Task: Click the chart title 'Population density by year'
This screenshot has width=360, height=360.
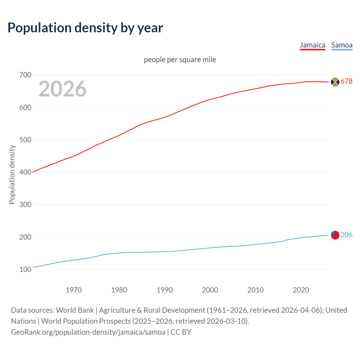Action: (85, 28)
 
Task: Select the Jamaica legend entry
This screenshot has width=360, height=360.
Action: (312, 45)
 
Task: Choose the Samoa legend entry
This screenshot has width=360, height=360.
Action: (342, 45)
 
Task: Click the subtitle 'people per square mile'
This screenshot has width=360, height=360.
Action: (180, 60)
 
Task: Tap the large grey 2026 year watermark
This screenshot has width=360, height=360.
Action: (62, 89)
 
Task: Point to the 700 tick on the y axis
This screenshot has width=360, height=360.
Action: (25, 75)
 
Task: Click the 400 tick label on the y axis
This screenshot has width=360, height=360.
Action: (25, 172)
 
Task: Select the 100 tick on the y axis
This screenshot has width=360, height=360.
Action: (25, 269)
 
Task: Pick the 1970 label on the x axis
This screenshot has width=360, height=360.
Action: (74, 290)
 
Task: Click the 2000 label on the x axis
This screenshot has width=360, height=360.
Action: (210, 290)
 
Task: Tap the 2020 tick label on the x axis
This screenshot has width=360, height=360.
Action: (301, 290)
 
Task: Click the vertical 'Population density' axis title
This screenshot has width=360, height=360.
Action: (12, 174)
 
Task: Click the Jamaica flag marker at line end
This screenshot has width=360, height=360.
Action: (335, 82)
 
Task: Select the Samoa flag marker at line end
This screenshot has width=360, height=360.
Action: (335, 235)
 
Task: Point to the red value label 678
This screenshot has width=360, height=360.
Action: (346, 82)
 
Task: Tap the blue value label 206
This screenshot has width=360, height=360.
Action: (346, 235)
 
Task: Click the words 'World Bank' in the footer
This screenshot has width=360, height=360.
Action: (75, 310)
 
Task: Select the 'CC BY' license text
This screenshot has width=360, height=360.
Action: (181, 332)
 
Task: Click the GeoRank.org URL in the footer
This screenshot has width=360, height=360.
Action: (88, 332)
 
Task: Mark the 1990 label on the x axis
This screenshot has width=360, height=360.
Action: (165, 290)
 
